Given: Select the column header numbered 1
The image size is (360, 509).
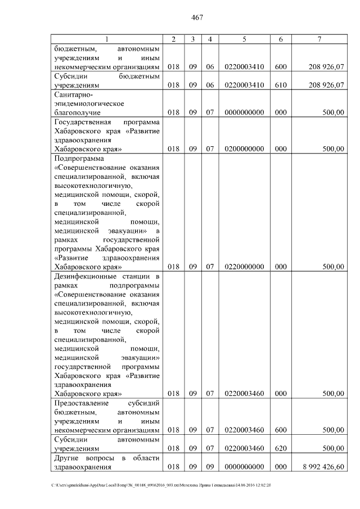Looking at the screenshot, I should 106,39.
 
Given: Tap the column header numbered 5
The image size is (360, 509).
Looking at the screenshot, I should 244,39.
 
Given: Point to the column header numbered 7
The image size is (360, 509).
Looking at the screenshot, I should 319,39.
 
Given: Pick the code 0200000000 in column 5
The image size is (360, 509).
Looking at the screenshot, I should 244,149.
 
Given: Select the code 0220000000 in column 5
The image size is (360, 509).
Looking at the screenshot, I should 244,267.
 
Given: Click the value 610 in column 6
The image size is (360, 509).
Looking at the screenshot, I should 281,85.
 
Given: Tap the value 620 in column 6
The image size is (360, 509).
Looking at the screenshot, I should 281,449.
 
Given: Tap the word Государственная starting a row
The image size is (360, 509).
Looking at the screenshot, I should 84,122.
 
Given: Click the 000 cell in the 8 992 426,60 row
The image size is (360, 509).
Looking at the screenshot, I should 281,467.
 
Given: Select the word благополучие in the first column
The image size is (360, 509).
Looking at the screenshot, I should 77,112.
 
